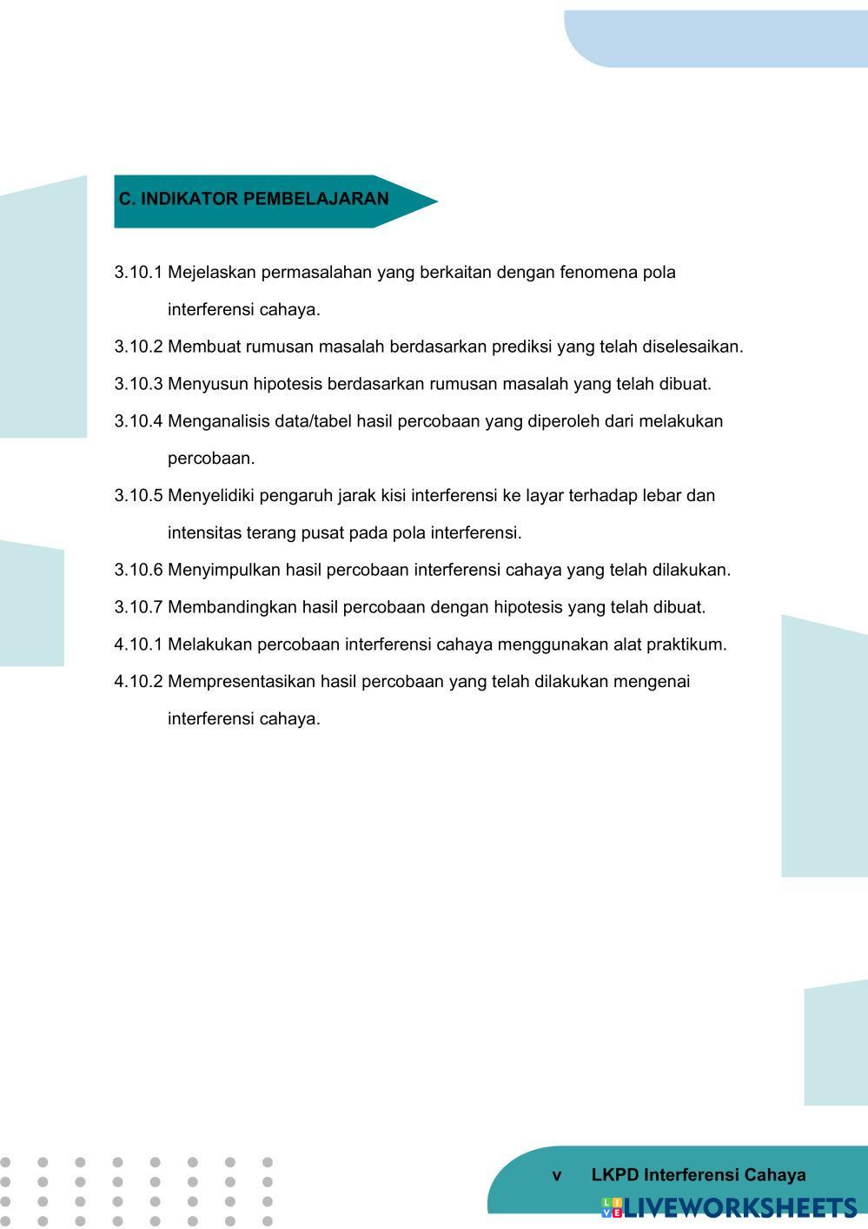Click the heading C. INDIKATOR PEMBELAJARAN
pos(254,199)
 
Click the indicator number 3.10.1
pos(138,273)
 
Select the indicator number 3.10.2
pos(138,347)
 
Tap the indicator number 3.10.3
pos(138,384)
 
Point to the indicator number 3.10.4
pos(138,421)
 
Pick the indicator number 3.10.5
pos(138,496)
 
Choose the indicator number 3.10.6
pos(138,571)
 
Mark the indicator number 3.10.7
pos(138,607)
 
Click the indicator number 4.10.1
pos(138,644)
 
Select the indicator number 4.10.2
pos(138,682)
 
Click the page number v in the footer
pos(557,1176)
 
